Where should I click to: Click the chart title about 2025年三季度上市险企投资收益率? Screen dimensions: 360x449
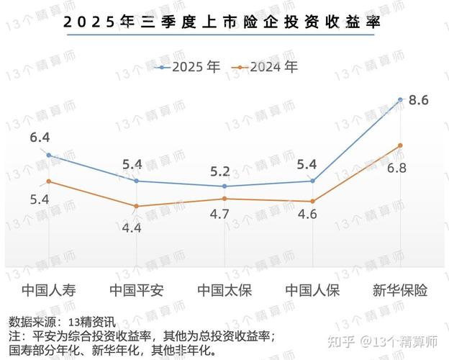(x=222, y=21)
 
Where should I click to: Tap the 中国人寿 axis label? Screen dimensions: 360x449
(x=49, y=291)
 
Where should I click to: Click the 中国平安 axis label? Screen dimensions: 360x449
(x=137, y=291)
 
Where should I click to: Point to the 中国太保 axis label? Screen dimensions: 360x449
(x=224, y=291)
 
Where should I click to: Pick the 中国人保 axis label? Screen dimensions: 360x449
(x=312, y=291)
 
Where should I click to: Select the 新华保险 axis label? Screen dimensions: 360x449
(x=400, y=291)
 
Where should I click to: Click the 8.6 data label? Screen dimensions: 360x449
(x=418, y=100)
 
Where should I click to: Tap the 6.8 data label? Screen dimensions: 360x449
(x=397, y=168)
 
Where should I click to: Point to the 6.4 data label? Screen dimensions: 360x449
(x=40, y=137)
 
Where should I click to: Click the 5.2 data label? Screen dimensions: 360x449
(x=220, y=171)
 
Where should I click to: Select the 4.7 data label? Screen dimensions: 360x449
(x=219, y=214)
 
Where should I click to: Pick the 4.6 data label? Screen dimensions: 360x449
(x=307, y=214)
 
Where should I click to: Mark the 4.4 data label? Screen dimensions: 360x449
(x=132, y=228)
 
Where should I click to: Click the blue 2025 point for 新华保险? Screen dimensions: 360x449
(x=400, y=98)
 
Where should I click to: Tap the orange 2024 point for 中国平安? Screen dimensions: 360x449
(x=137, y=207)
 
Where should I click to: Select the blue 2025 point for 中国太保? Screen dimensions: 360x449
(x=224, y=186)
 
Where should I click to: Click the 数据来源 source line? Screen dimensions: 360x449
(x=62, y=322)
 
